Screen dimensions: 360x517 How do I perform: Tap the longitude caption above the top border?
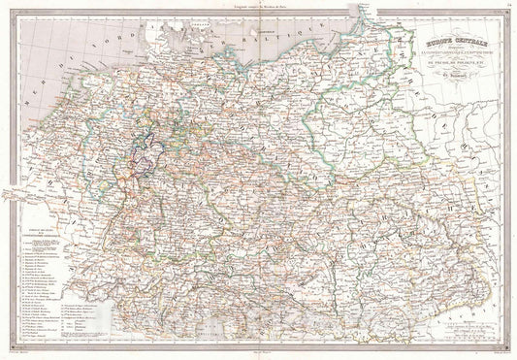(259, 5)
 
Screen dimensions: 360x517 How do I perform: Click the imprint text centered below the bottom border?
(259, 355)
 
